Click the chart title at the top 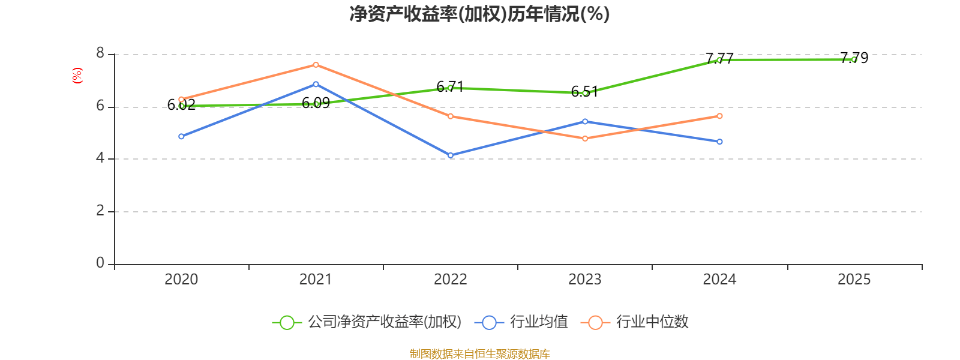(479, 14)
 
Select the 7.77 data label (719, 58)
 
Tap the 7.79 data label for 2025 (854, 58)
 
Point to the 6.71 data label (450, 87)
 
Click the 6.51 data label (584, 91)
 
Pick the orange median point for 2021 (316, 65)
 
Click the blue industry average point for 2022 (451, 155)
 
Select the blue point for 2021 (316, 84)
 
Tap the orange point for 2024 (719, 116)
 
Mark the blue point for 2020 (181, 136)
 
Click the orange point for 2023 (585, 139)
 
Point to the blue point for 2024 (719, 142)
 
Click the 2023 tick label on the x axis (584, 279)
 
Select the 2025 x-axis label (854, 279)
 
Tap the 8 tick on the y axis (100, 54)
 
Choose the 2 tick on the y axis (100, 211)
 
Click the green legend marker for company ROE (287, 322)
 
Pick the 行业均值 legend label (539, 322)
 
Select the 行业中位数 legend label (652, 322)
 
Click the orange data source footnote (479, 354)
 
